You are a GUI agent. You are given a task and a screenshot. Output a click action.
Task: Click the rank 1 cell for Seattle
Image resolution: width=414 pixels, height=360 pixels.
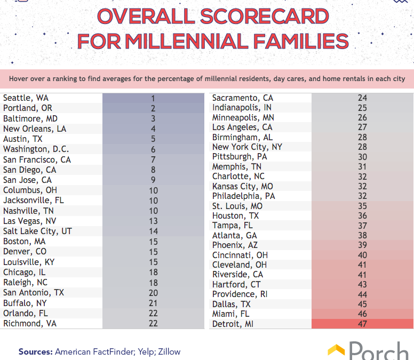153,98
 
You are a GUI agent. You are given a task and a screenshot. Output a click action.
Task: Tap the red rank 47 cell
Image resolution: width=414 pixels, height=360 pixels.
362,324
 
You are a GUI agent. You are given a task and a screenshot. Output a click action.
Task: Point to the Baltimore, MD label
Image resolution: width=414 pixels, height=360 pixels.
30,118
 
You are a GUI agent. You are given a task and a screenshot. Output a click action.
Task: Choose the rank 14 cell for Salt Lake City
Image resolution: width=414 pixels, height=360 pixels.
153,231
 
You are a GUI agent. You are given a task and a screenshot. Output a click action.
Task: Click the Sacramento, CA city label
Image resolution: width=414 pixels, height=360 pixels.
243,98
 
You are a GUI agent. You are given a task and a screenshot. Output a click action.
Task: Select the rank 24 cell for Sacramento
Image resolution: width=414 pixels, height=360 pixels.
362,98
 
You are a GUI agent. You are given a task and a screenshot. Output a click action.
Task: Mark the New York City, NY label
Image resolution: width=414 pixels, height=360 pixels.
247,147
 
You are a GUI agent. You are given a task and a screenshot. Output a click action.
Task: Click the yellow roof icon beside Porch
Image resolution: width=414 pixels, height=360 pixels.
336,350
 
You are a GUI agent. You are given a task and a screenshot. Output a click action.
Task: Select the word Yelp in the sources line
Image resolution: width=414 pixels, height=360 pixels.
141,351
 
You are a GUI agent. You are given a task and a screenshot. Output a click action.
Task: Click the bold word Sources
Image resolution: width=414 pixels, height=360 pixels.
35,351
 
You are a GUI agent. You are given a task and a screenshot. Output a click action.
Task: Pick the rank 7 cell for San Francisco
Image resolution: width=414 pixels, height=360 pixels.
153,159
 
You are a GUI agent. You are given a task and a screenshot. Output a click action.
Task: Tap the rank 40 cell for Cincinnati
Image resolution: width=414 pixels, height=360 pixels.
362,255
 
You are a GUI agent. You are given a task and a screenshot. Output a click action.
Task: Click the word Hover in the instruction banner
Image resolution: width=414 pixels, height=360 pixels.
19,79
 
